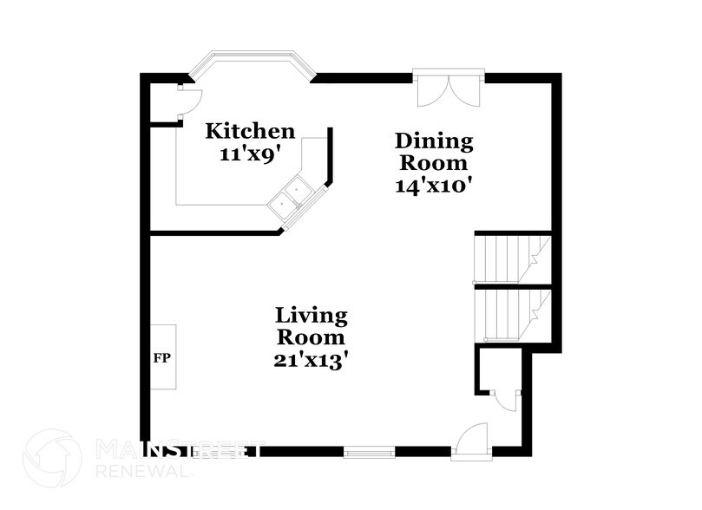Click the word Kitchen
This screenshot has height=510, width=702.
(x=250, y=132)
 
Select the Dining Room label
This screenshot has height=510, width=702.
(x=434, y=151)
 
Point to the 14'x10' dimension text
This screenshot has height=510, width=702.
(x=434, y=186)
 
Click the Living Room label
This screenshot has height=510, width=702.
(x=312, y=325)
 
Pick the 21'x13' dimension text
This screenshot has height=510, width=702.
(x=312, y=359)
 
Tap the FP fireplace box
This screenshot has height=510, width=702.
(x=162, y=357)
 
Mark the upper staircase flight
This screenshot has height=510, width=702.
(x=513, y=258)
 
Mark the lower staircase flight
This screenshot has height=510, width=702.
(x=513, y=313)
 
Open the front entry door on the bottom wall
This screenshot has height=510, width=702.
(x=473, y=438)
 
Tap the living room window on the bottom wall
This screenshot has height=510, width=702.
(x=370, y=451)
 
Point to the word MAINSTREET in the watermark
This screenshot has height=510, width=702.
(x=178, y=450)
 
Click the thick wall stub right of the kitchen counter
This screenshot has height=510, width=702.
(x=329, y=160)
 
